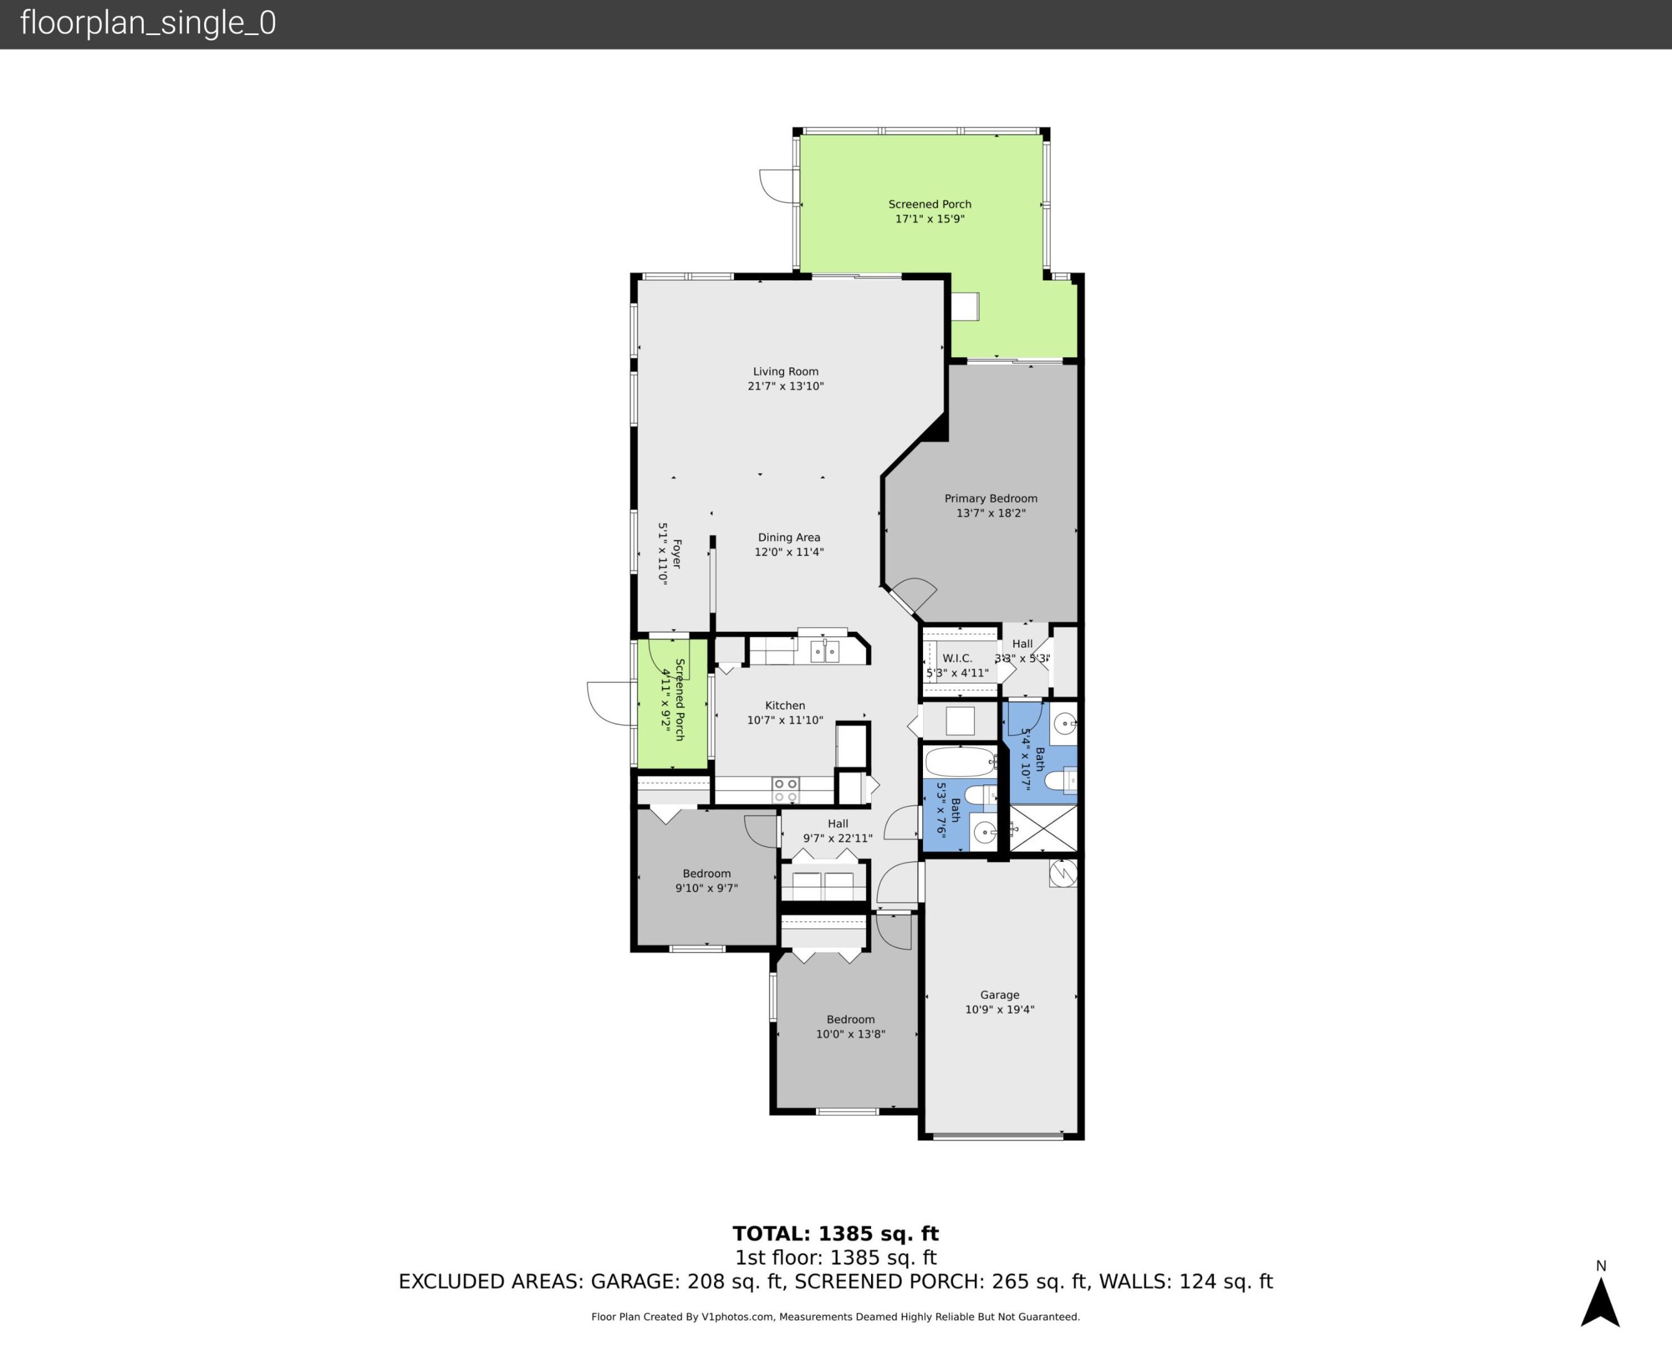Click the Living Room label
click(785, 372)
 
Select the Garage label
click(999, 994)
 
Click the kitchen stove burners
click(785, 791)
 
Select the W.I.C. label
click(957, 657)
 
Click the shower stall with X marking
click(1043, 829)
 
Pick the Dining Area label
click(788, 537)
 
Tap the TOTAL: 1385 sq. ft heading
click(835, 1233)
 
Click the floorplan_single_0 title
click(148, 23)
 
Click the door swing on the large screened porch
click(778, 185)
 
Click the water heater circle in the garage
click(1063, 873)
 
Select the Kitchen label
click(785, 705)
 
